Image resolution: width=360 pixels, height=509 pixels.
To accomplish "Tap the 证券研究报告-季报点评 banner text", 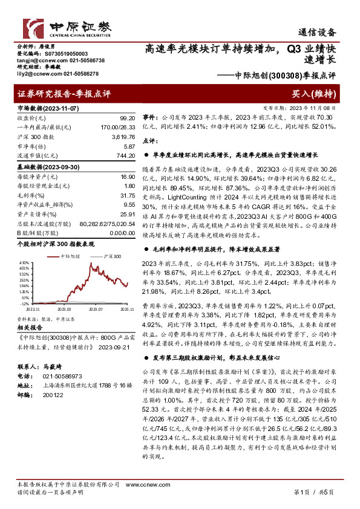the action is click(64, 94).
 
